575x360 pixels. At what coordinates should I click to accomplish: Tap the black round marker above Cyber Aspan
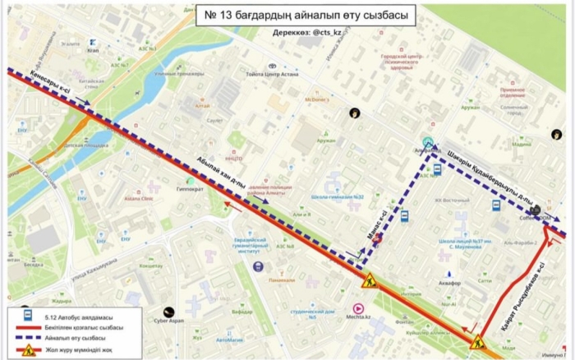pos(168,312)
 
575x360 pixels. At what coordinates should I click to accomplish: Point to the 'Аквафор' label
pos(450,282)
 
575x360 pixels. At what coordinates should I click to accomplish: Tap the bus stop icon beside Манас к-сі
pos(404,216)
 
